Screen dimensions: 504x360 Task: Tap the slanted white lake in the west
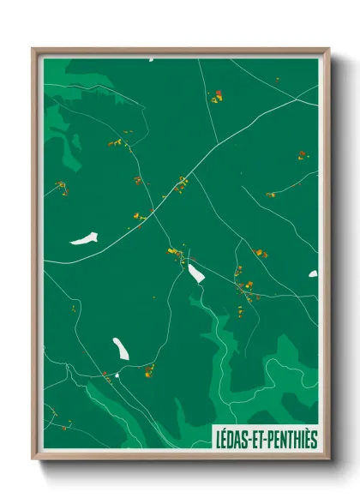pos(84,238)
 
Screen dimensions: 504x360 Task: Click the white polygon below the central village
pos(196,273)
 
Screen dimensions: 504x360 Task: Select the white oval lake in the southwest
pos(121,348)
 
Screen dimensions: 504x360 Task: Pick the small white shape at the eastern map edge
pos(313,274)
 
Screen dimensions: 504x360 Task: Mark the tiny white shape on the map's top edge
pos(151,60)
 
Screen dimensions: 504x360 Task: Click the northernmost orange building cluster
pos(216,97)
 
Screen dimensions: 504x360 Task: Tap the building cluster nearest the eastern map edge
pos(302,156)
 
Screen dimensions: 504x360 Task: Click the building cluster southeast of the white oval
pos(149,370)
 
